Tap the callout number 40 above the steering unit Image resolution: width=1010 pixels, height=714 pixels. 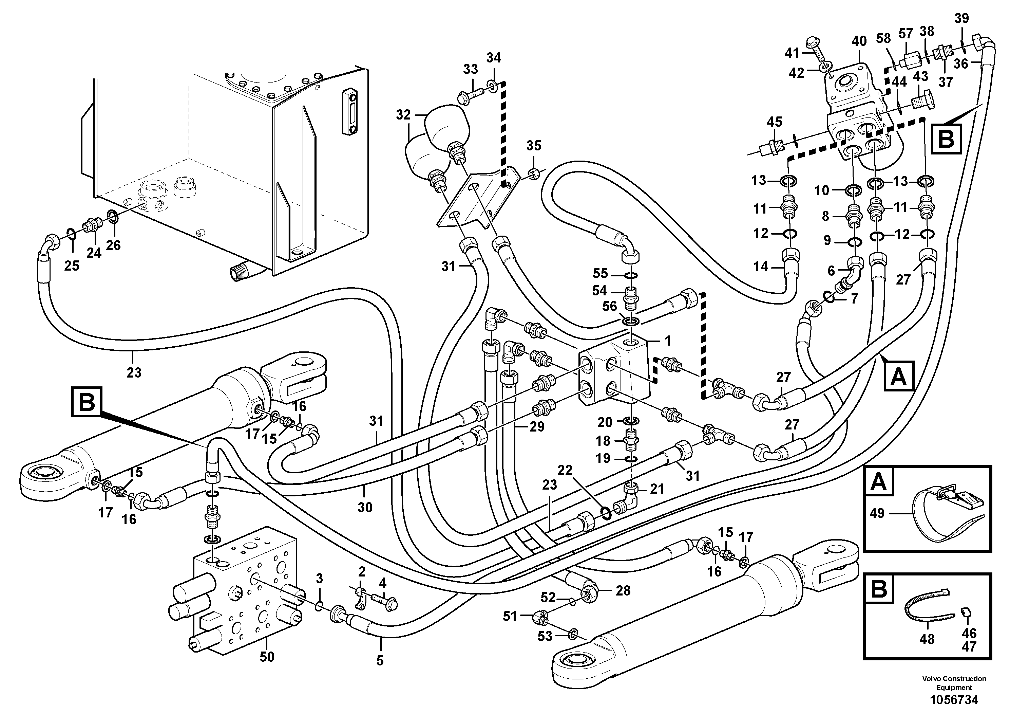coord(859,41)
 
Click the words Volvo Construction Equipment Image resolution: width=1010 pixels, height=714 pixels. coord(954,683)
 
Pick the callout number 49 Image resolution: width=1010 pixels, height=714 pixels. coord(877,513)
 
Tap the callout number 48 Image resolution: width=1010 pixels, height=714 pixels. coord(927,639)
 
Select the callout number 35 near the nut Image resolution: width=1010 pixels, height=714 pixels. coord(534,146)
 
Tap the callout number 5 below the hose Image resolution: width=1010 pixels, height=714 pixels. coord(380,660)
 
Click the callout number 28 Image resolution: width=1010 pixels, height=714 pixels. coord(623,590)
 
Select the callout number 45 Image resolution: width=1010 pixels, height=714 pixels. coord(774,122)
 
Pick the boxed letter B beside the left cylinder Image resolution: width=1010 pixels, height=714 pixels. coord(87,401)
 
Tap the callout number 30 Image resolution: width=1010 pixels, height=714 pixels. coord(365,508)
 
